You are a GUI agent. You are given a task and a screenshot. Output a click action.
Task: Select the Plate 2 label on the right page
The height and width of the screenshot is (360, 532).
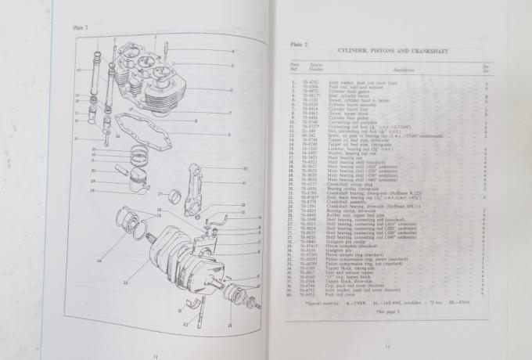[x=297, y=45]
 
